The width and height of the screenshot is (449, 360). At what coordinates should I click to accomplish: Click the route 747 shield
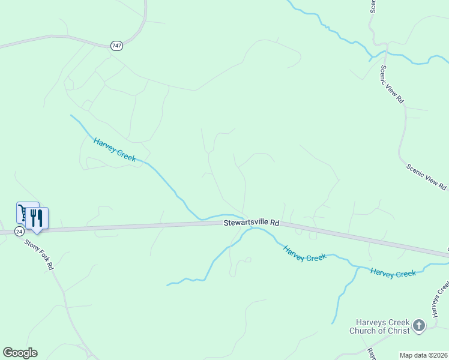[116, 46]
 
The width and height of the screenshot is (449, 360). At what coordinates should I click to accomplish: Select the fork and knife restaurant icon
[37, 218]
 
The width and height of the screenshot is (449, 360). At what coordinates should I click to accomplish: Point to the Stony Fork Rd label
[40, 255]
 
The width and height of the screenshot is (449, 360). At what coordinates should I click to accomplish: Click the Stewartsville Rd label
[252, 222]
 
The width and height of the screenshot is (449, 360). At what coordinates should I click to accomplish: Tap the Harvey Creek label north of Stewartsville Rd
[114, 149]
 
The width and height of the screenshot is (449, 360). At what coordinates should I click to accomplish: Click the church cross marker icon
[419, 326]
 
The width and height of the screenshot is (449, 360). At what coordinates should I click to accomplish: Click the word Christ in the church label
[397, 331]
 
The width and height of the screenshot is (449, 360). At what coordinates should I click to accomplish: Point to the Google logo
[20, 353]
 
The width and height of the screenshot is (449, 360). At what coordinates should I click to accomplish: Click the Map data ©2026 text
[424, 355]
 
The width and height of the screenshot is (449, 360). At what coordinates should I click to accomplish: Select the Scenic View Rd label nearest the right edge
[427, 178]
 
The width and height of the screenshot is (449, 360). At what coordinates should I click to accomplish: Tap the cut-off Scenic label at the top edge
[373, 6]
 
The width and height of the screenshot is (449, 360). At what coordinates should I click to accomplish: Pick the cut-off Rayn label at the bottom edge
[371, 354]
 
